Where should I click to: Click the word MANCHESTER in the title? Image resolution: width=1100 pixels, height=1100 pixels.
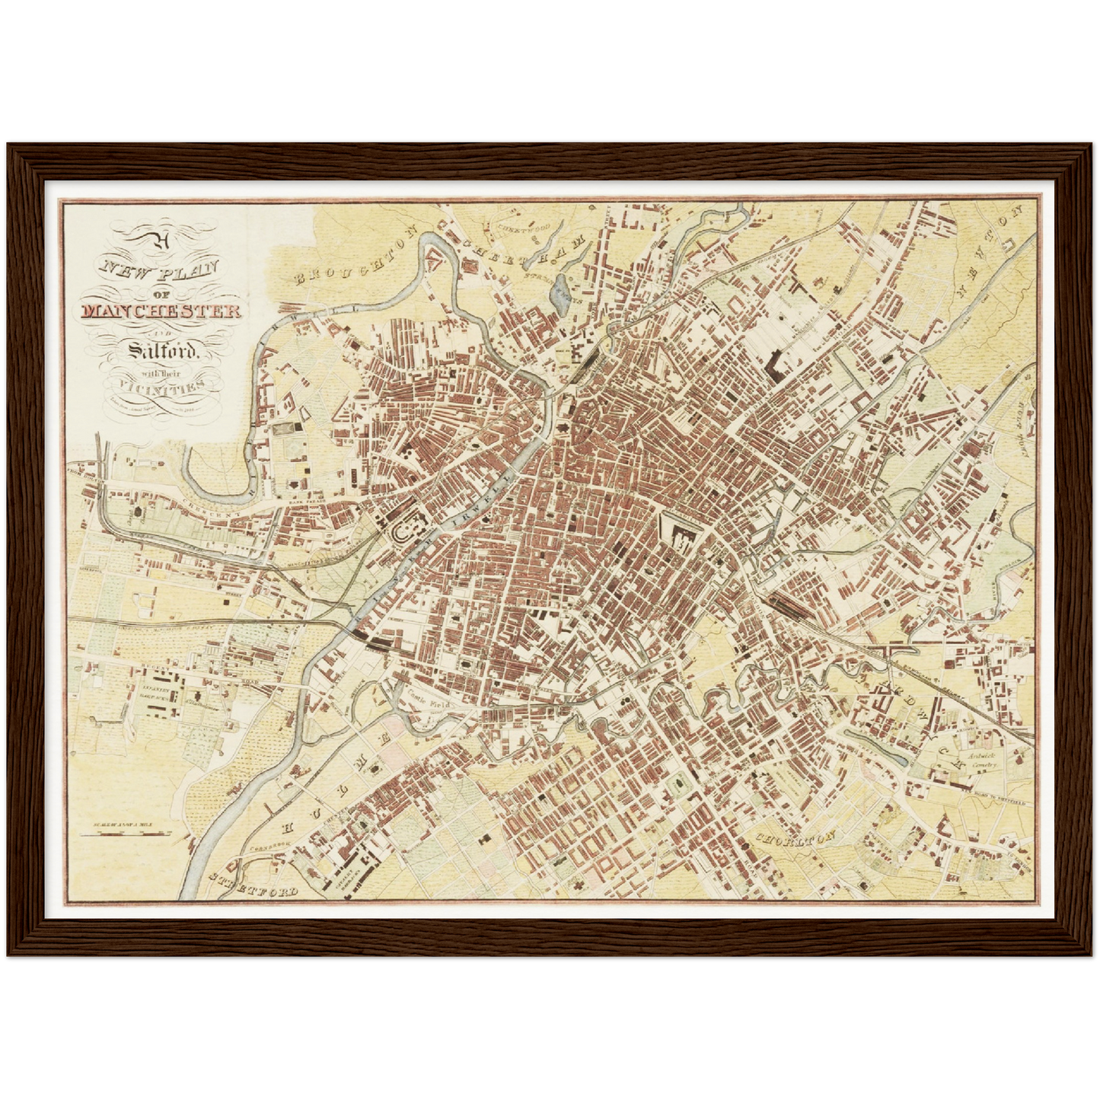(161, 311)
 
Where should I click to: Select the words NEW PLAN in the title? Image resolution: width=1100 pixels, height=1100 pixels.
(161, 271)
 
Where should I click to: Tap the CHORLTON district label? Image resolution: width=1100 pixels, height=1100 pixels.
(796, 838)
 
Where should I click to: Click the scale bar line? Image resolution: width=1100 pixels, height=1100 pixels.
(125, 833)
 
